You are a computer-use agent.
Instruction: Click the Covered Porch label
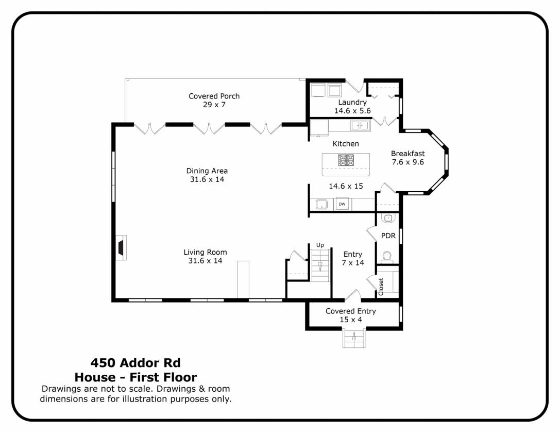click(x=214, y=96)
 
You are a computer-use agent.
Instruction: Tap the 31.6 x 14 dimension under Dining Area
click(x=207, y=179)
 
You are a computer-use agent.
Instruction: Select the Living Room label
click(x=206, y=252)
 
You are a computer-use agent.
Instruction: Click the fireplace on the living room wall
click(x=122, y=247)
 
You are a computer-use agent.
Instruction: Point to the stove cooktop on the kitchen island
click(x=346, y=160)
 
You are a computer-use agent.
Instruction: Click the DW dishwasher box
click(x=342, y=204)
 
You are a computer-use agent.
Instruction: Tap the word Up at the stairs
click(x=320, y=245)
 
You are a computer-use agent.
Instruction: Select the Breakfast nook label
click(x=408, y=154)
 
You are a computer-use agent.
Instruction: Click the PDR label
click(x=388, y=236)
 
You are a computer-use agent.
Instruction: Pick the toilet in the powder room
click(x=387, y=257)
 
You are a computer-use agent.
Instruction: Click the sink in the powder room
click(x=388, y=218)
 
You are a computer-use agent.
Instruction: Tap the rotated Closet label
click(x=381, y=287)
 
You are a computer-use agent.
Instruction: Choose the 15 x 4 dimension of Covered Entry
click(x=351, y=320)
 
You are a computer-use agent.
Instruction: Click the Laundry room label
click(x=352, y=102)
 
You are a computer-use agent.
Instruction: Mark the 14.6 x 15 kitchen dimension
click(x=346, y=186)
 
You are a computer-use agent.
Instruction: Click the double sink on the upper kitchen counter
click(x=360, y=125)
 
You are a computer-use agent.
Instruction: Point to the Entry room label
click(x=353, y=254)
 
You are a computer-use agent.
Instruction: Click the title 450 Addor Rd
click(x=135, y=362)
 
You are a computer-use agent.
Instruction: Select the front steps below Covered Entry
click(x=354, y=338)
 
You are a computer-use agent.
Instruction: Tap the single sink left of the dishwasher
click(x=322, y=204)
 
